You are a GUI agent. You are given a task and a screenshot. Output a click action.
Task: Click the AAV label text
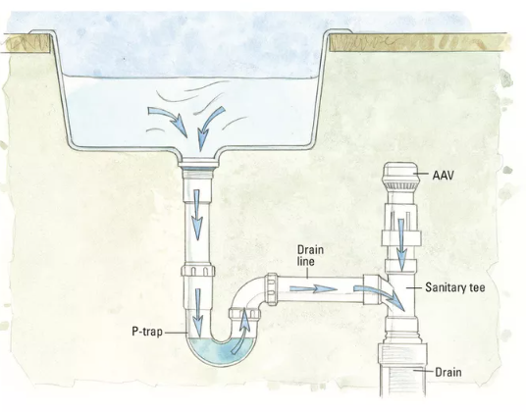tap(443, 175)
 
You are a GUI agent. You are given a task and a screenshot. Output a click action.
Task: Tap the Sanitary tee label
tap(455, 287)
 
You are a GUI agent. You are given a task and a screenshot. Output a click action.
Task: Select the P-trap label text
tap(147, 332)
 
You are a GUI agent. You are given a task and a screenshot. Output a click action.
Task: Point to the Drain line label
tap(311, 255)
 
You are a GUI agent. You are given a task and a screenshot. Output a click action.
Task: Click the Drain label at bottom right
tap(448, 372)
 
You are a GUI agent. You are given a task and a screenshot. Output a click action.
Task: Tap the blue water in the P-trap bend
tap(221, 351)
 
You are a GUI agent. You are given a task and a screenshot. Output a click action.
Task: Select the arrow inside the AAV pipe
tap(401, 244)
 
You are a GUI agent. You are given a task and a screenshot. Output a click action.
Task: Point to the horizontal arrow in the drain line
tap(313, 288)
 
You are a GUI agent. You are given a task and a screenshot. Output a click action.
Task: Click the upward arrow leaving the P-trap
tap(242, 331)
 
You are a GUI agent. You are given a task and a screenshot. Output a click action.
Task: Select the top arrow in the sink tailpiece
tap(197, 214)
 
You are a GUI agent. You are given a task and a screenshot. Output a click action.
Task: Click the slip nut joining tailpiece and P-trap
tap(198, 270)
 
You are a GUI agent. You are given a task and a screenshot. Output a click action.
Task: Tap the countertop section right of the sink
tap(419, 42)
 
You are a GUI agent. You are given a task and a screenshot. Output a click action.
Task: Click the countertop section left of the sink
tap(26, 43)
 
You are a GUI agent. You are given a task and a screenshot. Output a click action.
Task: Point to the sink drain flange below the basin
tap(198, 165)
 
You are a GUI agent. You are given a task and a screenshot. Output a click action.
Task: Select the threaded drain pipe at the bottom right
tap(402, 371)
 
